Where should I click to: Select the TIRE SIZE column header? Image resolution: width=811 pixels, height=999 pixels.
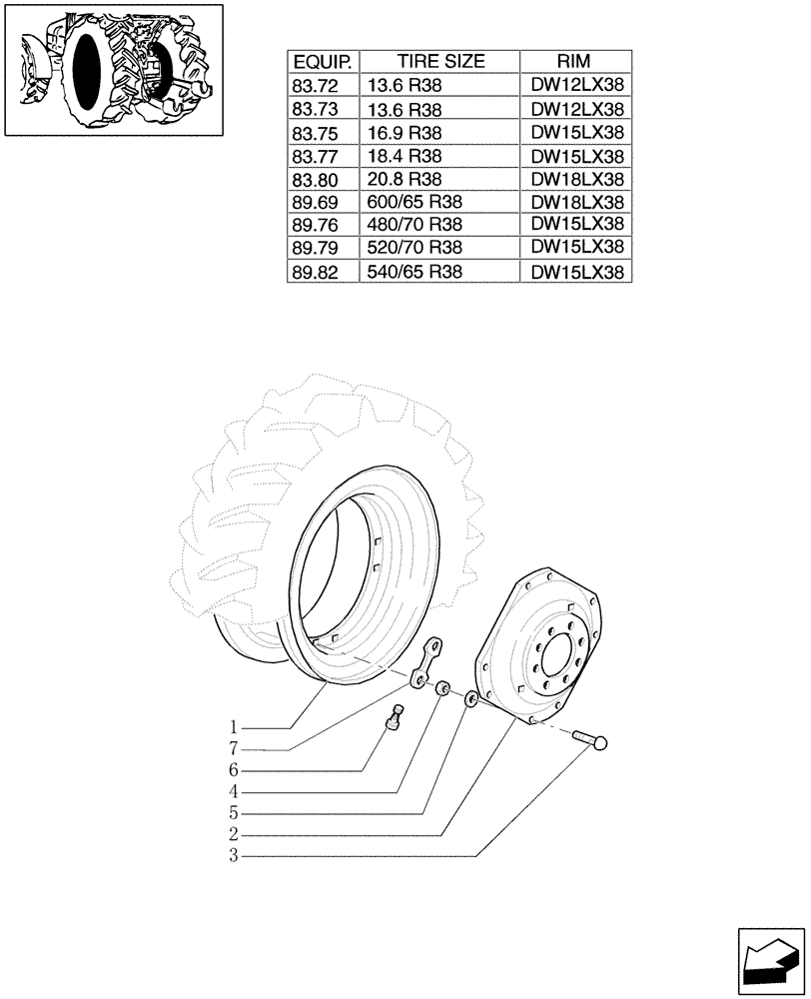(439, 61)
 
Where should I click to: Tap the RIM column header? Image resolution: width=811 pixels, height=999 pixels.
(576, 61)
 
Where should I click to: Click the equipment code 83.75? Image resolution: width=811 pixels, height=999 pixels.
(314, 133)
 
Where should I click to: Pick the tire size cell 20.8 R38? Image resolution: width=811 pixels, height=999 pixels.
(405, 179)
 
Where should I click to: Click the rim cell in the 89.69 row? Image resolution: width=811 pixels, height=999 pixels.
(576, 202)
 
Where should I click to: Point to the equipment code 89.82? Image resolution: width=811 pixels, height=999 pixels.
(314, 271)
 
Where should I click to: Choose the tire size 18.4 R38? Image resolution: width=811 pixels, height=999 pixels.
(405, 156)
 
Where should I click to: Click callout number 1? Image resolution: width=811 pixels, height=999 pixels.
(232, 726)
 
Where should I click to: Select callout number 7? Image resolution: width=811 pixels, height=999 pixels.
(232, 748)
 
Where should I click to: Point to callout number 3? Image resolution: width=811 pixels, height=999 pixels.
(232, 856)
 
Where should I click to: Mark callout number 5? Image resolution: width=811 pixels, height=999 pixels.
(232, 813)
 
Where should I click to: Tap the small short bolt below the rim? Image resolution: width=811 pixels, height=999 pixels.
(398, 718)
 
